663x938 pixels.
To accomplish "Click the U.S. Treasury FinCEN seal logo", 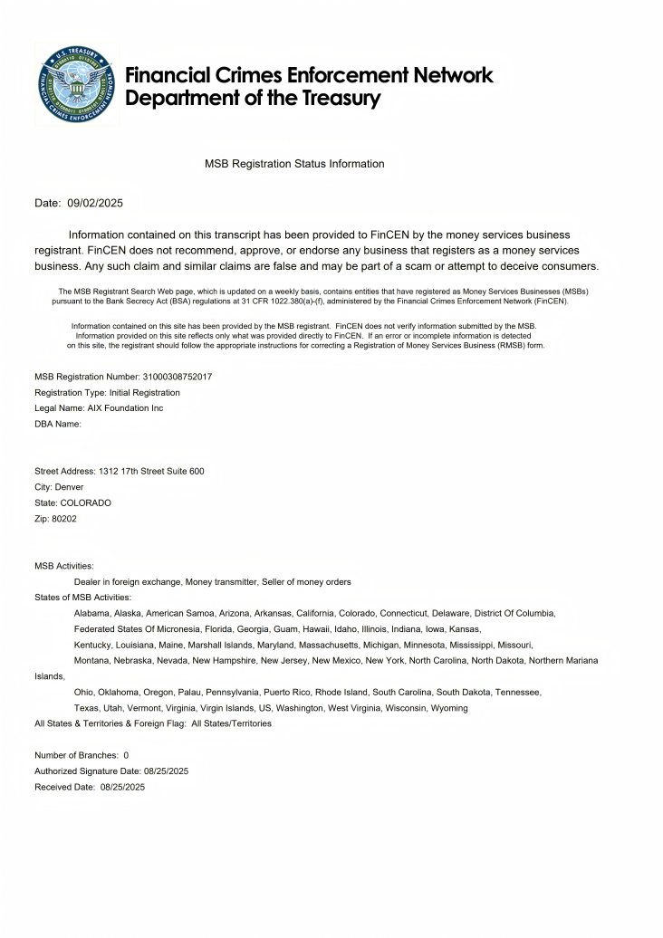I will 76,86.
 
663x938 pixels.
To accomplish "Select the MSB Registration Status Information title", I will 294,164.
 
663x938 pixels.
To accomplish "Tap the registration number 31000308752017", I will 177,377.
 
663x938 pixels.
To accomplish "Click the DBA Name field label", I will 58,424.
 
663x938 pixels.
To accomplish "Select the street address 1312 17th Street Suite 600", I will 151,471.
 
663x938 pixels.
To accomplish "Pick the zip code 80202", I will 64,519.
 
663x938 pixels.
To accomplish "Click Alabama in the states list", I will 91,613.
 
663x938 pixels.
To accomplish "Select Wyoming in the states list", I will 449,708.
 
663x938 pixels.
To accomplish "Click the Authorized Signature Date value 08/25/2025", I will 166,771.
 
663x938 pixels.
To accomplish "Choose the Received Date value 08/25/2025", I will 122,787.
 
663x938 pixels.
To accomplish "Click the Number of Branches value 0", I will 126,755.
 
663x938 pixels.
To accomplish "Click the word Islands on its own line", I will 49,676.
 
